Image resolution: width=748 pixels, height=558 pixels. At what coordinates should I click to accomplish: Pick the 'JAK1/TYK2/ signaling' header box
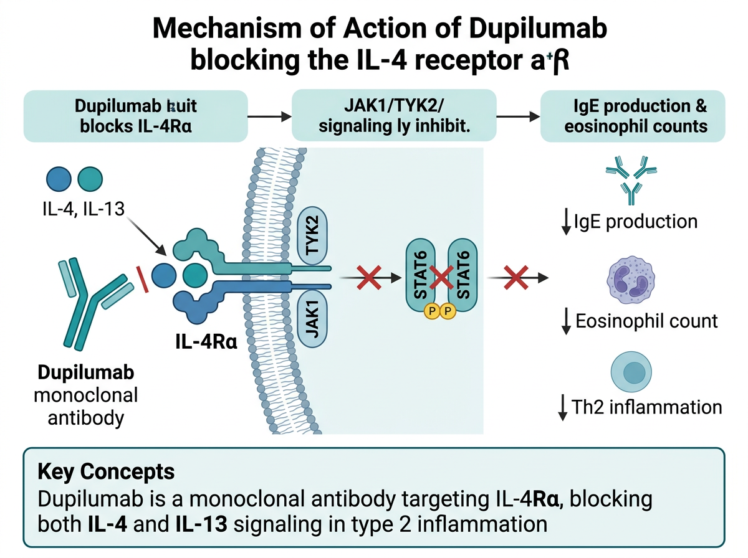(x=394, y=115)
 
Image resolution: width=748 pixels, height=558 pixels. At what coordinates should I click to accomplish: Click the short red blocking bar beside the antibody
(x=145, y=278)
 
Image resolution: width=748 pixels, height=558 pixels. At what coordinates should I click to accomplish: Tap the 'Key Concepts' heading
(x=106, y=471)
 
